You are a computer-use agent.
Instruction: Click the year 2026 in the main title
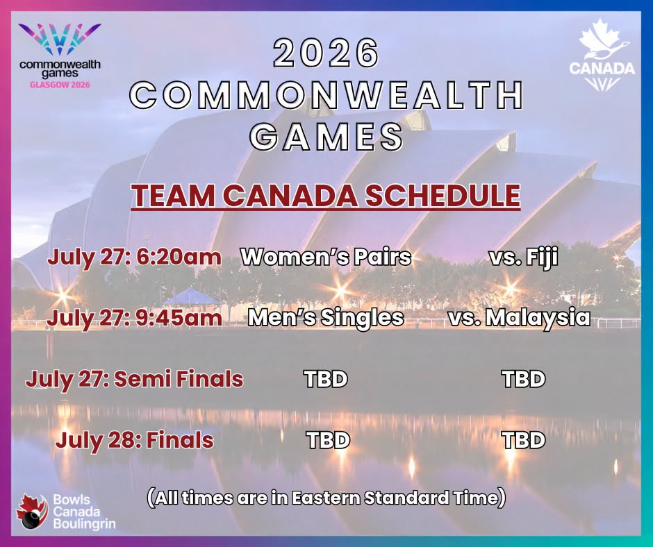click(x=326, y=53)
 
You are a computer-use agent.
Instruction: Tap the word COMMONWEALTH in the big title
click(x=326, y=94)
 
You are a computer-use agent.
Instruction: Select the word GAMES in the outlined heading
click(x=326, y=137)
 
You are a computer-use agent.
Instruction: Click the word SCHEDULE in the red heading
click(x=443, y=195)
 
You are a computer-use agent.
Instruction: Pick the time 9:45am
click(x=179, y=318)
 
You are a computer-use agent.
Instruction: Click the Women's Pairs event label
click(x=326, y=257)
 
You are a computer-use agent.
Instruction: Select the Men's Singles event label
click(x=326, y=318)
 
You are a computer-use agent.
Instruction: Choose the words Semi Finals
click(x=179, y=379)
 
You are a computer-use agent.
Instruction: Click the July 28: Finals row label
click(x=135, y=440)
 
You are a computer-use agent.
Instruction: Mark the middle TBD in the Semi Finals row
click(x=326, y=379)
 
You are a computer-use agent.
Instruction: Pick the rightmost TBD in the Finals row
click(x=524, y=440)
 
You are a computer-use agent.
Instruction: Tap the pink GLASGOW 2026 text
click(x=60, y=85)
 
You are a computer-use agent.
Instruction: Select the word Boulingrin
click(x=85, y=523)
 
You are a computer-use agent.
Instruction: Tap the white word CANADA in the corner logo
click(x=602, y=68)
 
